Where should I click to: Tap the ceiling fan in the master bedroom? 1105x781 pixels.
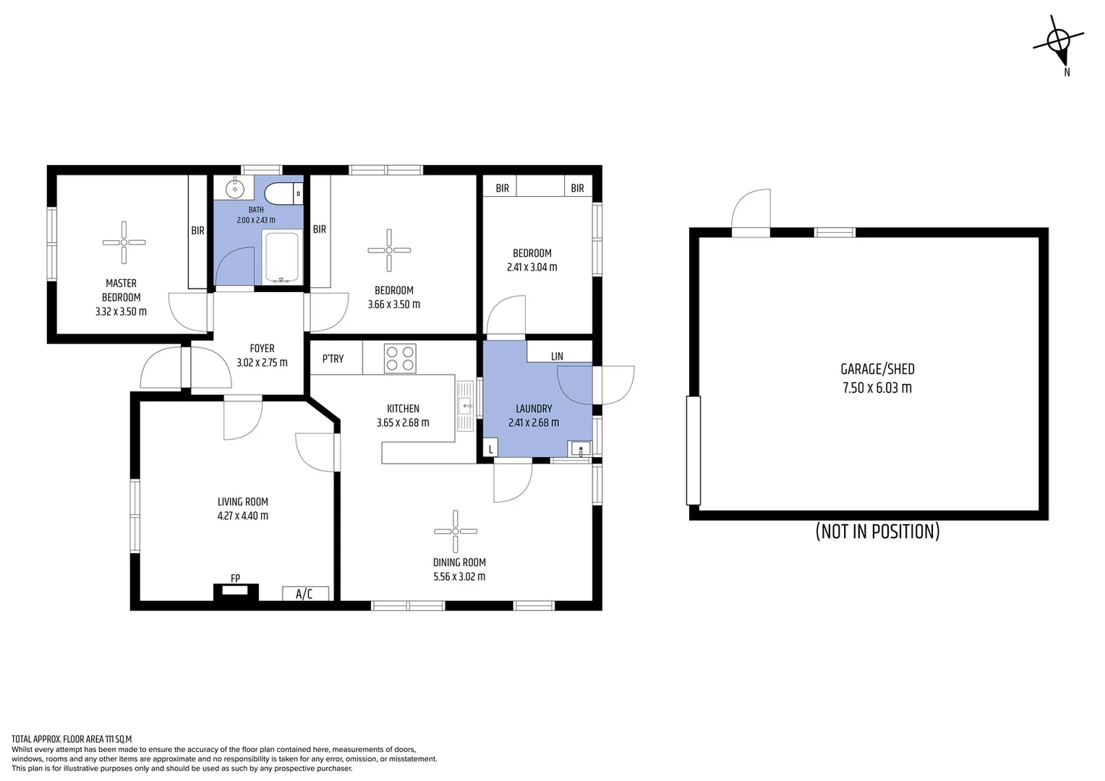coord(124,242)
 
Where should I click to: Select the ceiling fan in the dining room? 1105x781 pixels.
coord(456,532)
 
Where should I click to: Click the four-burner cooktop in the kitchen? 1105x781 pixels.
coord(400,358)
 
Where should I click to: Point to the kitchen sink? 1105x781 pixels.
coord(464,406)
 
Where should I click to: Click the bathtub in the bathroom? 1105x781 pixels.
coord(281,257)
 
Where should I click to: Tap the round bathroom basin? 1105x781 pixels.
coord(235,189)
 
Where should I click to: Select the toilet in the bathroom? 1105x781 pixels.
coord(283,194)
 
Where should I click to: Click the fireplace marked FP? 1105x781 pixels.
coord(236,592)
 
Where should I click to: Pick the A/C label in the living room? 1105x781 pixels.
coord(304,594)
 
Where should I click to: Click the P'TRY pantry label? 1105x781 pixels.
coord(333,359)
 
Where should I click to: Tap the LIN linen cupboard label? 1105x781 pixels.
coord(557,356)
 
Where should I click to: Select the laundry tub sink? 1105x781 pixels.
coord(579,449)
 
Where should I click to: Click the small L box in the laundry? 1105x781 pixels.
coord(490,449)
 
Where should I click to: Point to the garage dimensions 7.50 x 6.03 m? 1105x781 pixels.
coord(876,388)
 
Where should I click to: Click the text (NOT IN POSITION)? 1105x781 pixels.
coord(877,532)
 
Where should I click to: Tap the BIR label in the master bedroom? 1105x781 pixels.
coord(197,231)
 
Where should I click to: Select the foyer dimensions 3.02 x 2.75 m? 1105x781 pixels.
coord(262,363)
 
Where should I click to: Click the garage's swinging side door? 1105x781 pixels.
coord(751,211)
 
